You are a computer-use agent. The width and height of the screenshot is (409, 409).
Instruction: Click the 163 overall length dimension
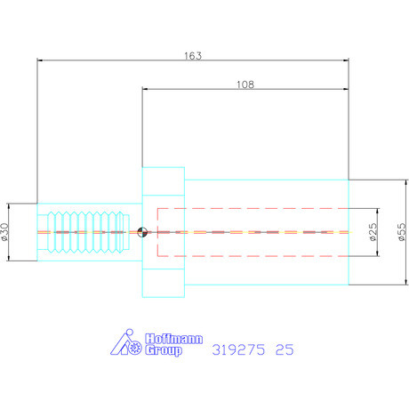click(193, 56)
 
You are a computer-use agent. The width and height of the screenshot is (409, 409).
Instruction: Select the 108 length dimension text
click(245, 84)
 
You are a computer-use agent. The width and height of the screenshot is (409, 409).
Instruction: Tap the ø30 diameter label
click(5, 232)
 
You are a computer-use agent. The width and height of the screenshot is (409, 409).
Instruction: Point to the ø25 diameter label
click(373, 232)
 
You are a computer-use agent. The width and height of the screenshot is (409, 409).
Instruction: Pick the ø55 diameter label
click(401, 232)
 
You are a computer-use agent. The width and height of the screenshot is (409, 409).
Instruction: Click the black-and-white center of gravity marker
click(142, 232)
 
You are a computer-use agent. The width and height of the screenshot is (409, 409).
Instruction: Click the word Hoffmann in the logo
click(174, 339)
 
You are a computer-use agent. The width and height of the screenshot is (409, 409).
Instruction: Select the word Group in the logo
click(164, 350)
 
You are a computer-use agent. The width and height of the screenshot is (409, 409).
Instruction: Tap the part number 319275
click(238, 349)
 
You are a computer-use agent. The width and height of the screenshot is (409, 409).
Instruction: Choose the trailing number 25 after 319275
click(285, 349)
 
